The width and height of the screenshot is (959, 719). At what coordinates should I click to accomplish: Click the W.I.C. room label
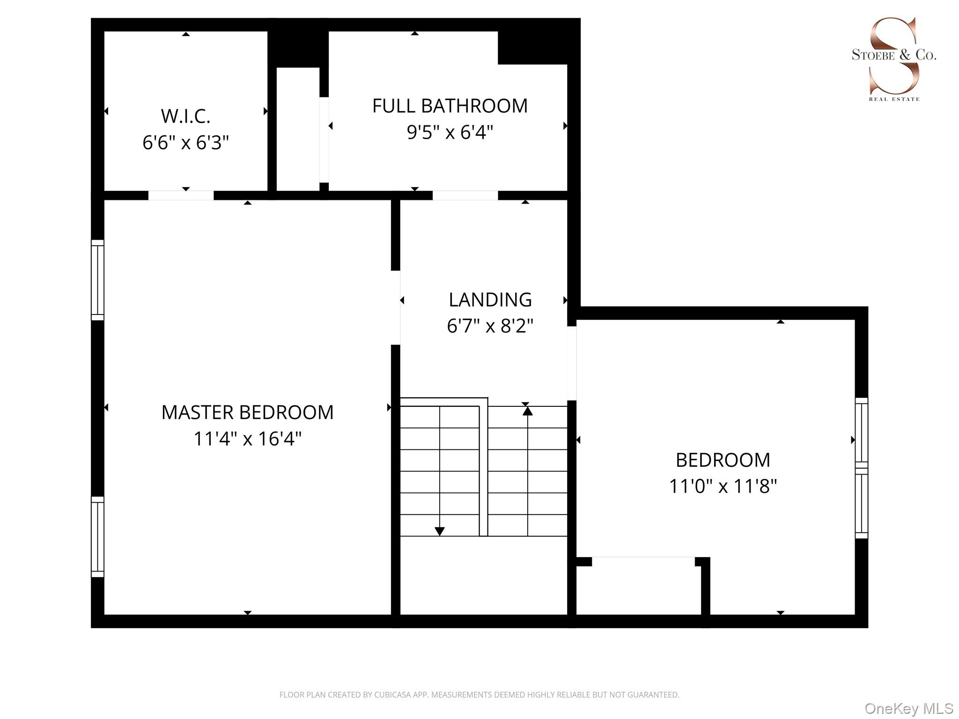[x=185, y=116]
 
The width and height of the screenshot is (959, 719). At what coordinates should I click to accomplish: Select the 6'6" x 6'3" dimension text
[x=185, y=142]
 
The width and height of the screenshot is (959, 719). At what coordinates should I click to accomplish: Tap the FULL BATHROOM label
[x=450, y=106]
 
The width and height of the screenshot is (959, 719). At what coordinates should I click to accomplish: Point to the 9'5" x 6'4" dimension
[x=450, y=132]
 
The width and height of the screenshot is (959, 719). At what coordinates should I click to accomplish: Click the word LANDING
[x=490, y=300]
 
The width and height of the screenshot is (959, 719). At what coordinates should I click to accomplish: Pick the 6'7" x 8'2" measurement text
[x=490, y=326]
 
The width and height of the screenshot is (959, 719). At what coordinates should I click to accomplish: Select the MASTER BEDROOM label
[x=247, y=412]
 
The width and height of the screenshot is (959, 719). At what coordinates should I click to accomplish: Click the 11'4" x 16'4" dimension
[x=247, y=439]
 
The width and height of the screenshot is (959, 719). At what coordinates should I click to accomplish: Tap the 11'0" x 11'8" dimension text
[x=723, y=486]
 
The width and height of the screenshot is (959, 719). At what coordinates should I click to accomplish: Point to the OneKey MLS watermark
[x=908, y=709]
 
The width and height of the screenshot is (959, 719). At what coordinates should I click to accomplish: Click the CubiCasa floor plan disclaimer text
[x=479, y=695]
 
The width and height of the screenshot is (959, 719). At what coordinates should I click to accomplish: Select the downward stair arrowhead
[x=439, y=531]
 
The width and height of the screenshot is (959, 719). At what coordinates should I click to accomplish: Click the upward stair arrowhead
[x=528, y=411]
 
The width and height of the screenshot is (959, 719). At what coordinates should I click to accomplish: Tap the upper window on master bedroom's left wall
[x=97, y=280]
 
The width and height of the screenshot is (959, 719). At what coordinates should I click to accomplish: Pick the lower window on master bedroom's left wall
[x=97, y=536]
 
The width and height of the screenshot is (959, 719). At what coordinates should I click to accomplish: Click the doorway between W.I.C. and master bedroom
[x=181, y=196]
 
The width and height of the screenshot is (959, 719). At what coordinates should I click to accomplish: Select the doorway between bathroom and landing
[x=465, y=196]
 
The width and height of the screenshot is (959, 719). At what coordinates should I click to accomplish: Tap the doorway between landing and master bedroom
[x=396, y=308]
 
